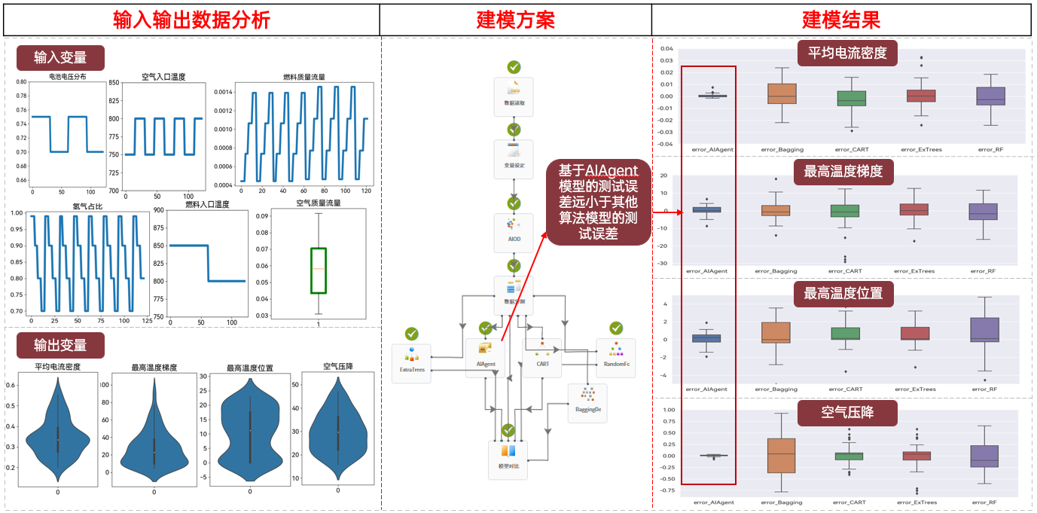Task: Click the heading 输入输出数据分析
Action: pos(191,20)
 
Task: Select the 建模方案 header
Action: pos(515,20)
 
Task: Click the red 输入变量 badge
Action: pos(60,58)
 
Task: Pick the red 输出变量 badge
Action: pos(60,345)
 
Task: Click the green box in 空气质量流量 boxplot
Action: pos(318,270)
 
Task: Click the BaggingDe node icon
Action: pos(586,399)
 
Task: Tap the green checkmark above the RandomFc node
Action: pos(616,328)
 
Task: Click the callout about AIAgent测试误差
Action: pos(598,201)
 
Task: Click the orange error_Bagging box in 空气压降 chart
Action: pos(781,455)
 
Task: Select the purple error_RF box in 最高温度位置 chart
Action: pos(985,329)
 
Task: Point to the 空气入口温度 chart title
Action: pos(163,77)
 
